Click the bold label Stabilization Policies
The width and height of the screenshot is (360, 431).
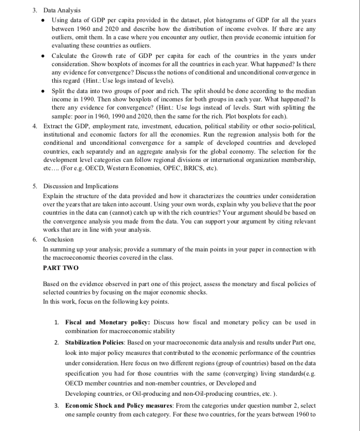pos(97,343)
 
